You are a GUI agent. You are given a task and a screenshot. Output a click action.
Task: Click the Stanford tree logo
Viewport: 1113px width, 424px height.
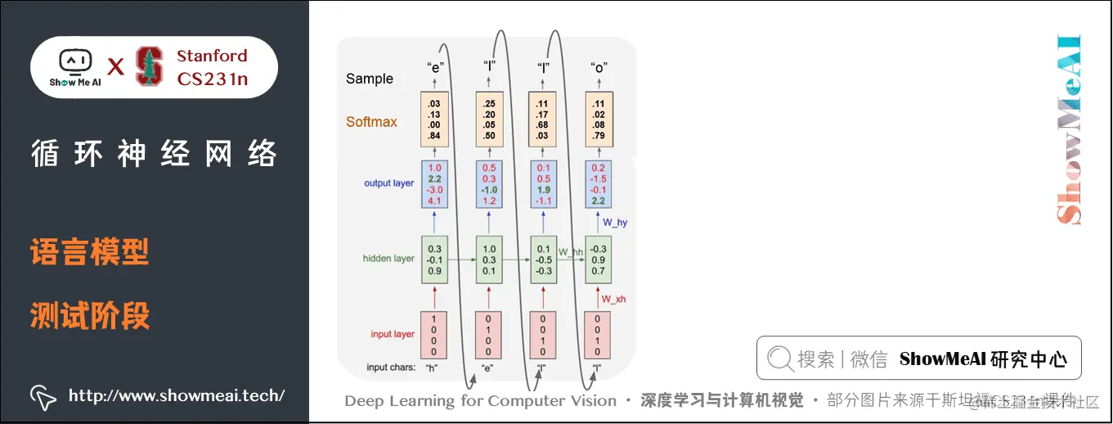click(x=149, y=66)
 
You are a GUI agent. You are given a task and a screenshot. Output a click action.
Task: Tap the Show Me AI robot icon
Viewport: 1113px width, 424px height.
click(x=74, y=61)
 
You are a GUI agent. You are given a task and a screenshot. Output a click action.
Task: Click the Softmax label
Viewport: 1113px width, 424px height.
click(x=371, y=122)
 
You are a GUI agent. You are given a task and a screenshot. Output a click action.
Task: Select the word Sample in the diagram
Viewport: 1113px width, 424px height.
click(x=370, y=79)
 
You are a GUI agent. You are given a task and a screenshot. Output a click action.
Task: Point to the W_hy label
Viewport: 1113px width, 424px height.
click(x=614, y=222)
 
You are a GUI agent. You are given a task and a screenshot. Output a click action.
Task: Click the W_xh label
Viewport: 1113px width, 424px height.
click(x=613, y=300)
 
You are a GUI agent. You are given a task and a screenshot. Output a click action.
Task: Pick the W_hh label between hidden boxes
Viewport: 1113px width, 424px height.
click(x=570, y=251)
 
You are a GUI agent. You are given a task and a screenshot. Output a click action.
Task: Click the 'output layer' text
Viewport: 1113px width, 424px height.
click(x=388, y=183)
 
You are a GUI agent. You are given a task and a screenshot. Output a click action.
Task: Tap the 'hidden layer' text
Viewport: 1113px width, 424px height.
click(x=388, y=259)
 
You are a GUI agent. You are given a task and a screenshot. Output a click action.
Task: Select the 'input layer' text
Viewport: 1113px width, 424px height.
click(x=393, y=334)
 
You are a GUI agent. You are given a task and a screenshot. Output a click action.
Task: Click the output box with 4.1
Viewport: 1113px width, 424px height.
click(x=434, y=183)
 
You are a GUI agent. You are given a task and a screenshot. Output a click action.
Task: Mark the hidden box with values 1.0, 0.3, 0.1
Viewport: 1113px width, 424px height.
click(x=490, y=259)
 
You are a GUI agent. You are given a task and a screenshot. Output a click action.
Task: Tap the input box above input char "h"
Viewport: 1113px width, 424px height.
click(x=434, y=334)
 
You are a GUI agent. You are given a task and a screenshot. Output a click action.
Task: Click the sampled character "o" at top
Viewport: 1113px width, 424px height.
click(x=599, y=67)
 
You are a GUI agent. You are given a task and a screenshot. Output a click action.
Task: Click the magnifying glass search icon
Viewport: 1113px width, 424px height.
click(x=779, y=359)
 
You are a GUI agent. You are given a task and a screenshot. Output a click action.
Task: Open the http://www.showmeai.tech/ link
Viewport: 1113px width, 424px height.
click(x=177, y=396)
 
